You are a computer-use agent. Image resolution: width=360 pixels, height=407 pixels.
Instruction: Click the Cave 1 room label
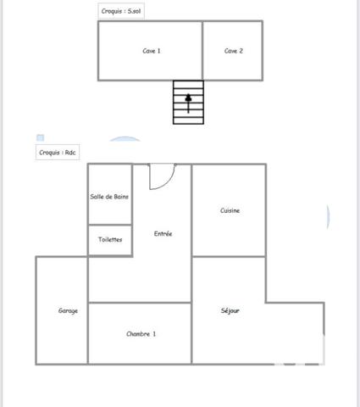152,51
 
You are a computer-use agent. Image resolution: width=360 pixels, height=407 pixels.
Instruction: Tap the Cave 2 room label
234,51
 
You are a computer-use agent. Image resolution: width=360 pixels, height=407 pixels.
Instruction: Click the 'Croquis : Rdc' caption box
58,153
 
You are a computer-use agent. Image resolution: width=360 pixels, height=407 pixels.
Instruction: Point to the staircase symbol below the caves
188,102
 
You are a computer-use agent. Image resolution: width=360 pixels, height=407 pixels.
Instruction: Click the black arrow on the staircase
188,99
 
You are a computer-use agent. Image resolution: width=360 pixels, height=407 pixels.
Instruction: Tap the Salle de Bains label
109,197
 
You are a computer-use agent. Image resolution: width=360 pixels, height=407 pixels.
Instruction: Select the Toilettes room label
109,240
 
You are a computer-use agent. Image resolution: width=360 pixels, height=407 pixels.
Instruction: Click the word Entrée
163,233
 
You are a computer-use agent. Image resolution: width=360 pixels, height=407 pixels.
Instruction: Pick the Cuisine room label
230,210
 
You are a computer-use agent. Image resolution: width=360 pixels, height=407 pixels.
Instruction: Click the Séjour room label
230,311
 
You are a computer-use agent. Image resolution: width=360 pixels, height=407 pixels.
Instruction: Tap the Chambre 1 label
141,334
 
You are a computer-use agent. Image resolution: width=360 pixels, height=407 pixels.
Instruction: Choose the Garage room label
68,311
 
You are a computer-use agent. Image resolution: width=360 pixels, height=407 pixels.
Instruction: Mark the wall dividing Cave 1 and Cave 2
202,51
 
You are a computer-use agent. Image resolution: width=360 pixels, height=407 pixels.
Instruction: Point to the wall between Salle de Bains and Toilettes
110,225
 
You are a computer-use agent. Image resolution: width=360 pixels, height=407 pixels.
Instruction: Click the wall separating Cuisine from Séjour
229,256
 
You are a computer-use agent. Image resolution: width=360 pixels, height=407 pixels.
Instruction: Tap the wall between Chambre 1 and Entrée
140,303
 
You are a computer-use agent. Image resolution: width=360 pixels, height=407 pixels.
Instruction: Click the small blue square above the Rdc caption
39,138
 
